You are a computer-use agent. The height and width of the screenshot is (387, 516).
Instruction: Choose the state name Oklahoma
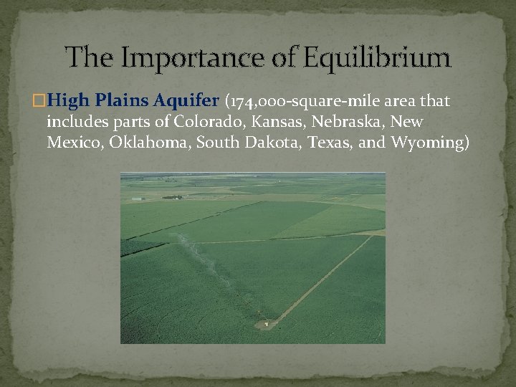tap(150, 143)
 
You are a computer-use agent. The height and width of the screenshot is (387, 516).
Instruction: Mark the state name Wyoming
tap(429, 143)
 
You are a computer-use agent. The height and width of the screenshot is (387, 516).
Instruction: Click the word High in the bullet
tap(70, 102)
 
